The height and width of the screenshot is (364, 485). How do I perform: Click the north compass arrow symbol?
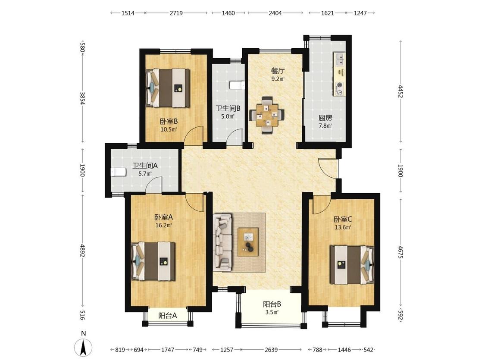click(83, 347)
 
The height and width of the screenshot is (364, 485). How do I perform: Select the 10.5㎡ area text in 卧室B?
click(169, 129)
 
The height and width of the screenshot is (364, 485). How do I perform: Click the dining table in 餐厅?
click(266, 115)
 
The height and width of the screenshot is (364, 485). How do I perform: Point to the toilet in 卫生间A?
click(118, 172)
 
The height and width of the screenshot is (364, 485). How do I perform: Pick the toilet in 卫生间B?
click(237, 85)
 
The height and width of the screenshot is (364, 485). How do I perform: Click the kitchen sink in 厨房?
click(339, 60)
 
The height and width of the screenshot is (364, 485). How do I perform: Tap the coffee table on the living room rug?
click(248, 242)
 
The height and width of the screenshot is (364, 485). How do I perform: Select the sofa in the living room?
click(223, 242)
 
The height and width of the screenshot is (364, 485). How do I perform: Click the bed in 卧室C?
click(352, 265)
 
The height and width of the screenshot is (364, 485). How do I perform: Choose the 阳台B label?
click(272, 304)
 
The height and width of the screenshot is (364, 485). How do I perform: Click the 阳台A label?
click(168, 316)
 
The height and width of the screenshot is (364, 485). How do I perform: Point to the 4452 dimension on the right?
click(401, 91)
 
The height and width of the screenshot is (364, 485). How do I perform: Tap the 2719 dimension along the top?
click(176, 13)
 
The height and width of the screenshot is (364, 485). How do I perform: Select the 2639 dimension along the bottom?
click(271, 350)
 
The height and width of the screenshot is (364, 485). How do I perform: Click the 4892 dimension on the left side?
click(82, 251)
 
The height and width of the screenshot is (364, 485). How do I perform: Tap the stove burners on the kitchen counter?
click(340, 88)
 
